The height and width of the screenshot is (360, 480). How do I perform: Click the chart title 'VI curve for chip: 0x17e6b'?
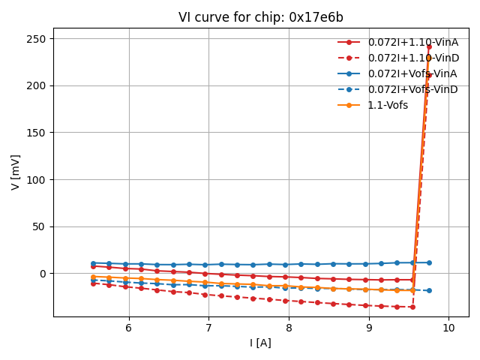(261, 17)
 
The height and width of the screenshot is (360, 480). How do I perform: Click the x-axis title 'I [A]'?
(261, 343)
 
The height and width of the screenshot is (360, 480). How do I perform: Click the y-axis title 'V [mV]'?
(16, 172)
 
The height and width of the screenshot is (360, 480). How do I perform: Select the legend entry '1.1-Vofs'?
(388, 105)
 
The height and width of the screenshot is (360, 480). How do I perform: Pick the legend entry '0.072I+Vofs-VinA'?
(412, 73)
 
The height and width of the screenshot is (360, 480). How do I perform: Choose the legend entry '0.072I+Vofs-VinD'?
(412, 89)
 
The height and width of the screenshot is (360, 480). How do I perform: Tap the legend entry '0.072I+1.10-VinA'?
(412, 42)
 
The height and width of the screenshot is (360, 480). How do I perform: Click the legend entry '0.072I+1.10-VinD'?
(412, 58)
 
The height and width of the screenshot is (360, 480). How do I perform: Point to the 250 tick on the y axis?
(37, 39)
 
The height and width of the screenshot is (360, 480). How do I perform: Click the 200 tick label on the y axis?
(37, 85)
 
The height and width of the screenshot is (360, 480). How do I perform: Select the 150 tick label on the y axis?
(37, 133)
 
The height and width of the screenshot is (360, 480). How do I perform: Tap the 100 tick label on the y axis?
(37, 180)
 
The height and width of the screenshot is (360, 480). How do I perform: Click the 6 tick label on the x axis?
(129, 328)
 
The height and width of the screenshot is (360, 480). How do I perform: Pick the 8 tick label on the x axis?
(289, 328)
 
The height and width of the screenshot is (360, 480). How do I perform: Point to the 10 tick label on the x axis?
(448, 328)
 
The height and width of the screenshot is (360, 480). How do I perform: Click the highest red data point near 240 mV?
(429, 46)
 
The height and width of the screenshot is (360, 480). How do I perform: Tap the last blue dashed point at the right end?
(429, 290)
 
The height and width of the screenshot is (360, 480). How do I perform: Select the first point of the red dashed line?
(93, 283)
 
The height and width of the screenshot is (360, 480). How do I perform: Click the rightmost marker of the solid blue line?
(429, 262)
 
